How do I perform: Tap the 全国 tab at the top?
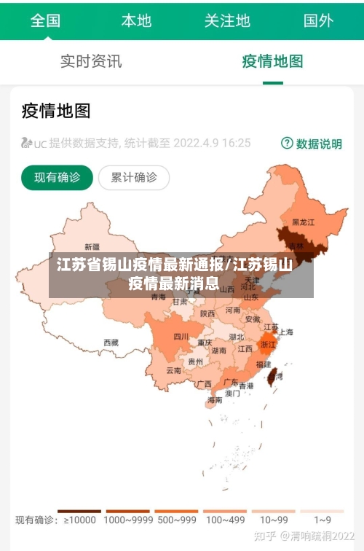pos(44,20)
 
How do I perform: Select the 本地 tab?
pos(136,20)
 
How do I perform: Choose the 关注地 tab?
pos(227,20)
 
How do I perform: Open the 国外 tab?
pos(318,20)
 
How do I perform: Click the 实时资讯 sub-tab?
pos(90,61)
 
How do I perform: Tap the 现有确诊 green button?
pos(57,177)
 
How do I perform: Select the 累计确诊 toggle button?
pos(133,177)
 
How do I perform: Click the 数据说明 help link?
pos(312,144)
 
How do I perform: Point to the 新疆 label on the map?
pos(92,246)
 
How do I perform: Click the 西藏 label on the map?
pos(111,342)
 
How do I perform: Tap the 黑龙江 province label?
pos(303,222)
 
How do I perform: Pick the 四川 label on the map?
pos(181,337)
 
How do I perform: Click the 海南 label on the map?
pos(215,399)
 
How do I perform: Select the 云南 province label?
pos(173,370)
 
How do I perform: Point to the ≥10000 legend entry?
pos(79,520)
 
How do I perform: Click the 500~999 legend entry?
pos(176,520)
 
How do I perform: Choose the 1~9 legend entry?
pos(323,520)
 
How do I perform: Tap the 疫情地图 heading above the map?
pos(56,111)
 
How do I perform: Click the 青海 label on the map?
pos(158,297)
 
